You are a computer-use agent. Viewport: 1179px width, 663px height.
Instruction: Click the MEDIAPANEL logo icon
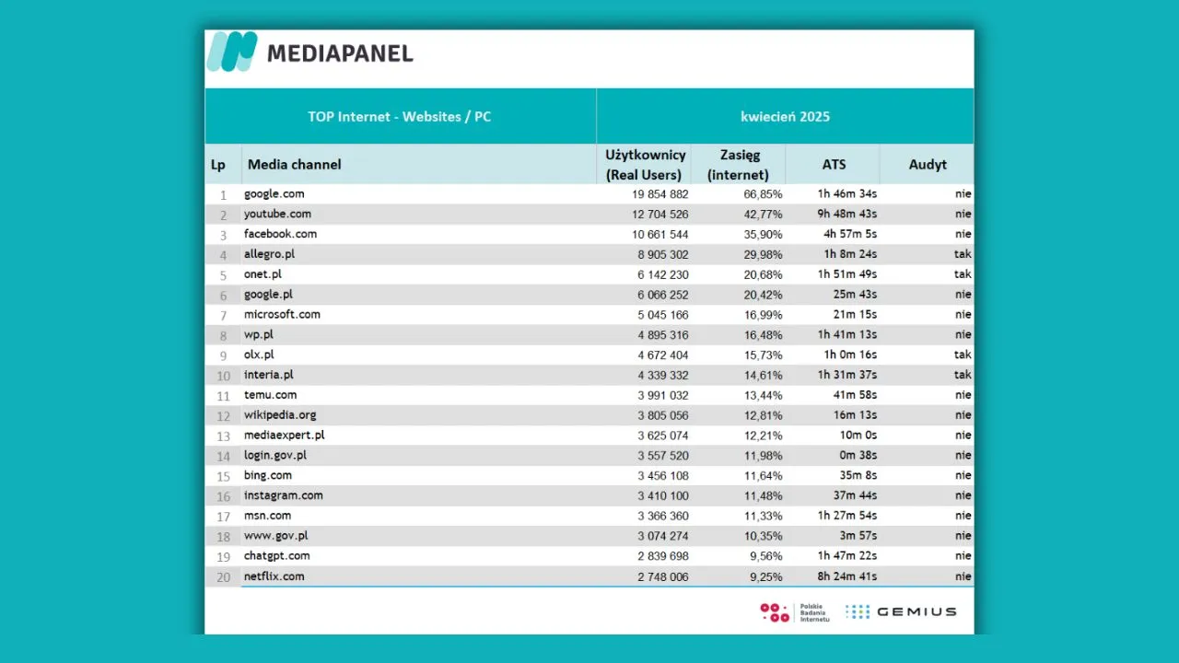pyautogui.click(x=232, y=52)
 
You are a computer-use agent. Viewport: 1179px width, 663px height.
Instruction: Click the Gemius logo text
pyautogui.click(x=916, y=612)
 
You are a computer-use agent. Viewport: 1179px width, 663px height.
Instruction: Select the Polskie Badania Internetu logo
pyautogui.click(x=795, y=612)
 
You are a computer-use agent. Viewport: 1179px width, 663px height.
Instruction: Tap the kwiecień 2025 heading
pyautogui.click(x=785, y=116)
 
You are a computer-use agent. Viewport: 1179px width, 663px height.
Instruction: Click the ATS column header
pyautogui.click(x=834, y=165)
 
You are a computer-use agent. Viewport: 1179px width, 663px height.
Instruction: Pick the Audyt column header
pyautogui.click(x=928, y=165)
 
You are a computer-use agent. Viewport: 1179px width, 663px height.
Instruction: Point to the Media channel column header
pyautogui.click(x=294, y=165)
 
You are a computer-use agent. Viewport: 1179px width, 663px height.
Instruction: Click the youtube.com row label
pyautogui.click(x=277, y=214)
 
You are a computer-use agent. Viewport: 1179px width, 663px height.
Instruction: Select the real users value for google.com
pyautogui.click(x=660, y=194)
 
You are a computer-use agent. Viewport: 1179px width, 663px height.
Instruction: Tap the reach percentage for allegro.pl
pyautogui.click(x=763, y=255)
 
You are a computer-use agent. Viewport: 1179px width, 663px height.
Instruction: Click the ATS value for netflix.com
pyautogui.click(x=846, y=576)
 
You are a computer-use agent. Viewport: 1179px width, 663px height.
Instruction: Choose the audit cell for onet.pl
pyautogui.click(x=963, y=274)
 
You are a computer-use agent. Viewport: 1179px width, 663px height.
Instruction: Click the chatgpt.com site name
pyautogui.click(x=277, y=556)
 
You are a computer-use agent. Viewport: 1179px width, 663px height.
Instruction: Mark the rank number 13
pyautogui.click(x=223, y=436)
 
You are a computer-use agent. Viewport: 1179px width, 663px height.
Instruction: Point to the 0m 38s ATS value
pyautogui.click(x=858, y=455)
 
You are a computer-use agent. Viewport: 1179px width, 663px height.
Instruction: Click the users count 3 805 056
pyautogui.click(x=662, y=415)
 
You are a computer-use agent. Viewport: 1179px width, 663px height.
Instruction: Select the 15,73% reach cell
pyautogui.click(x=763, y=355)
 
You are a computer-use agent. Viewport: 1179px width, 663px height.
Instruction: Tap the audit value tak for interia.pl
pyautogui.click(x=963, y=375)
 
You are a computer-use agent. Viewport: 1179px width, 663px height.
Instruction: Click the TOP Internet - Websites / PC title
pyautogui.click(x=400, y=116)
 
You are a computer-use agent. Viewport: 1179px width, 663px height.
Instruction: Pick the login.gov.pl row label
pyautogui.click(x=274, y=455)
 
